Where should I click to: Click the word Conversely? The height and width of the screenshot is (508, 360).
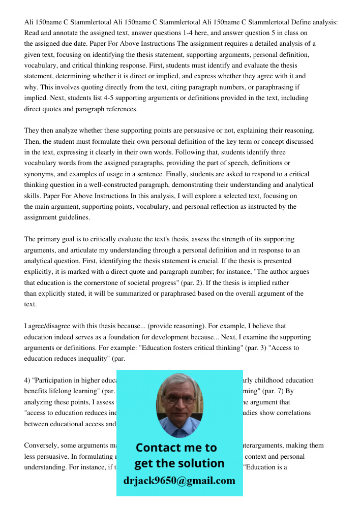click(x=43, y=446)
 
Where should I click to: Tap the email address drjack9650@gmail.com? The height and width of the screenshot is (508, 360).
click(x=179, y=481)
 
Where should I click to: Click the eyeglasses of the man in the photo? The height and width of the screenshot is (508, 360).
click(x=178, y=399)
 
